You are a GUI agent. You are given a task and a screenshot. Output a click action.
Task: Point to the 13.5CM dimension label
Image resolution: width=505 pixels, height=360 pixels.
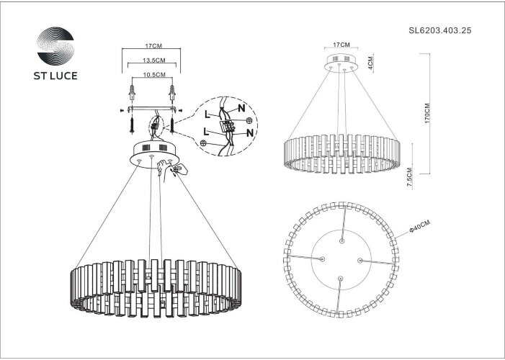click(151, 61)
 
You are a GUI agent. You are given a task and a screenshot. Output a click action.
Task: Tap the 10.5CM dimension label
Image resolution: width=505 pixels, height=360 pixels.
click(151, 74)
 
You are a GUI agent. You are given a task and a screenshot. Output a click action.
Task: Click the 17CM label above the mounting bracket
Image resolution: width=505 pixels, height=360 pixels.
click(151, 45)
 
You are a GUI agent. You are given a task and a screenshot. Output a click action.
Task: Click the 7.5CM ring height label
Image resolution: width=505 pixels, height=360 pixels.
click(410, 177)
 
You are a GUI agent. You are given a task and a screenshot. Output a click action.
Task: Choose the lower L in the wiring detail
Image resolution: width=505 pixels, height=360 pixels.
click(208, 131)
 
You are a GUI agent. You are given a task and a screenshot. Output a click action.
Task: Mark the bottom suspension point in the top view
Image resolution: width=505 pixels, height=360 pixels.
click(341, 278)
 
